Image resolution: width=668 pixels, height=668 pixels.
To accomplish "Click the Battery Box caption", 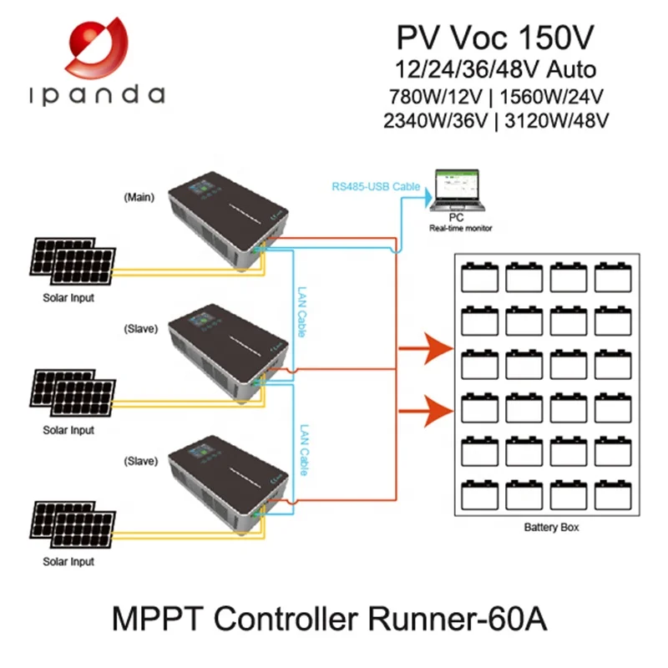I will click(x=551, y=527).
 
